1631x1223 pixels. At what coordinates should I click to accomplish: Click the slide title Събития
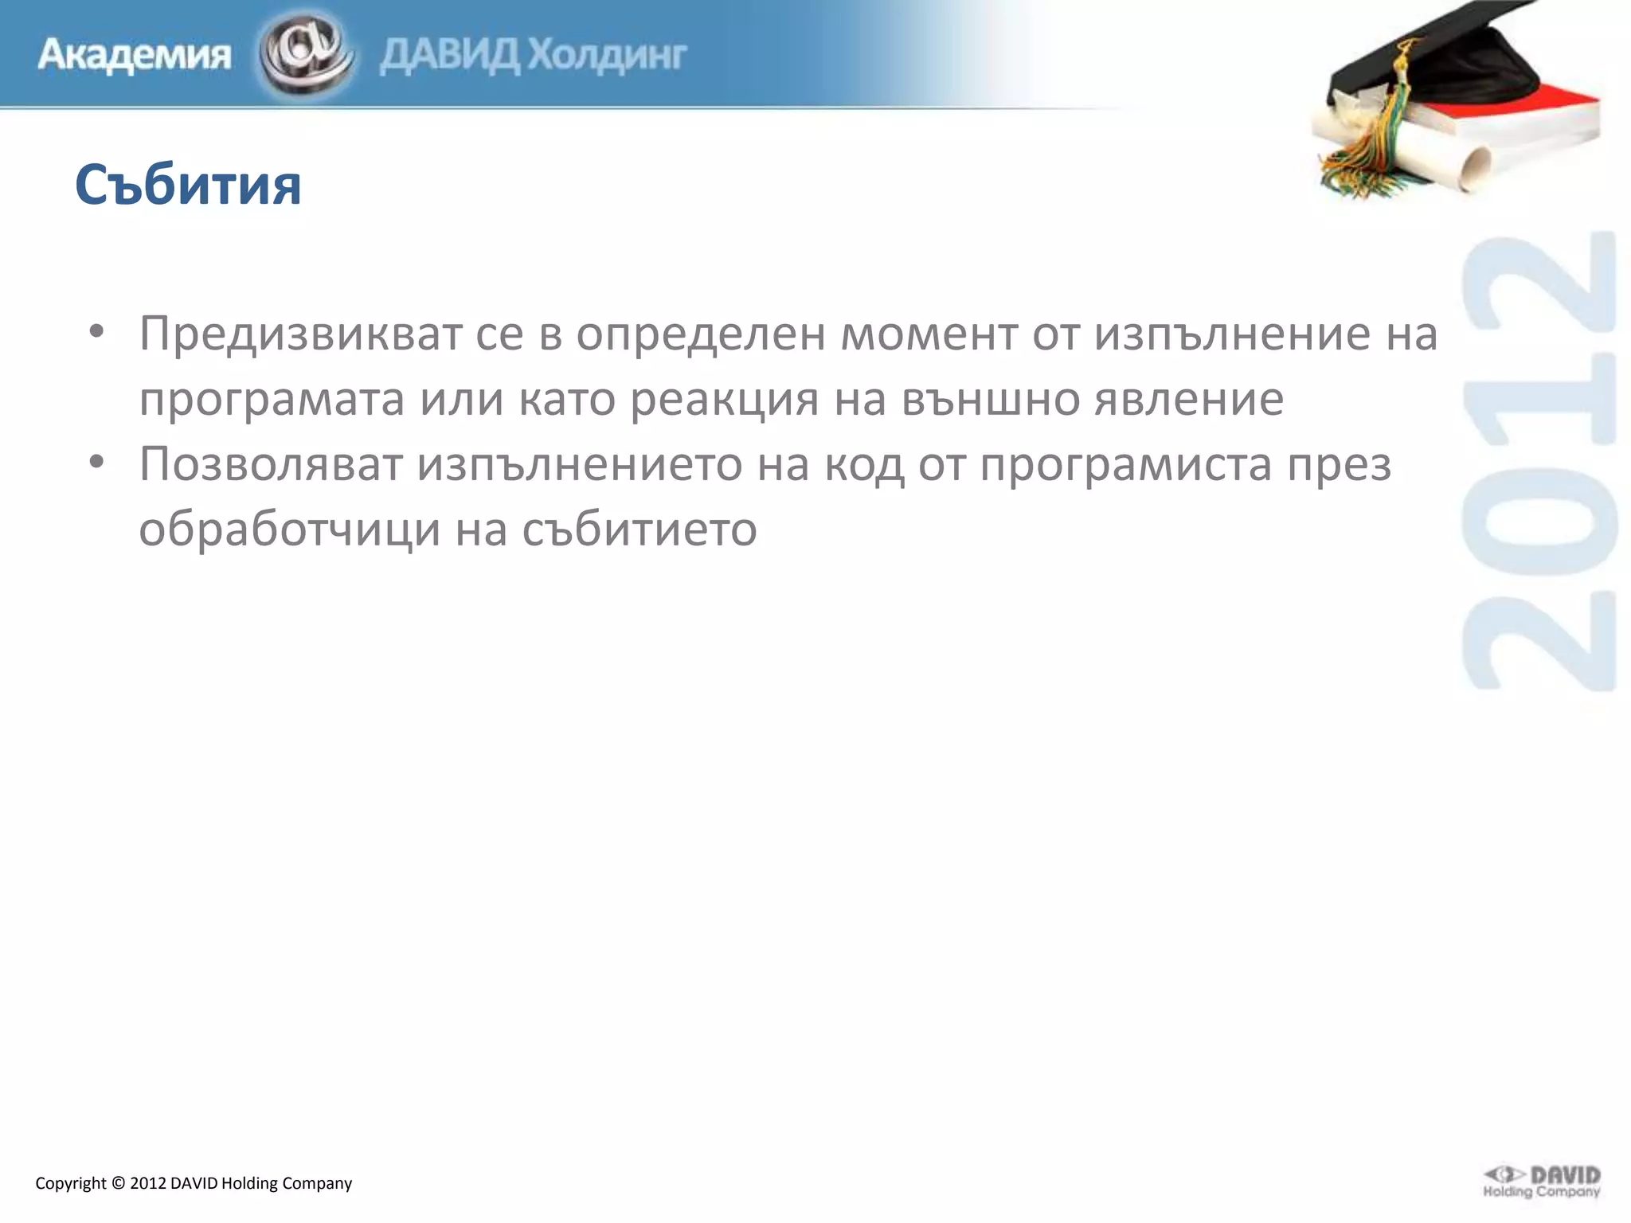click(188, 186)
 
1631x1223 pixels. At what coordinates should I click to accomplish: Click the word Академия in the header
click(134, 56)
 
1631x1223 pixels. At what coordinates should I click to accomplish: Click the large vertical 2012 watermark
click(1539, 462)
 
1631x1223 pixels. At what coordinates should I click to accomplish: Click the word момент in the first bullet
click(929, 334)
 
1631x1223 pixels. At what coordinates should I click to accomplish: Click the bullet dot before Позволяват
click(96, 462)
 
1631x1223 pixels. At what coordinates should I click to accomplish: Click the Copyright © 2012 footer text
click(194, 1183)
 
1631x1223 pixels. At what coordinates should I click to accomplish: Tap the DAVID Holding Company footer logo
click(1541, 1182)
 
